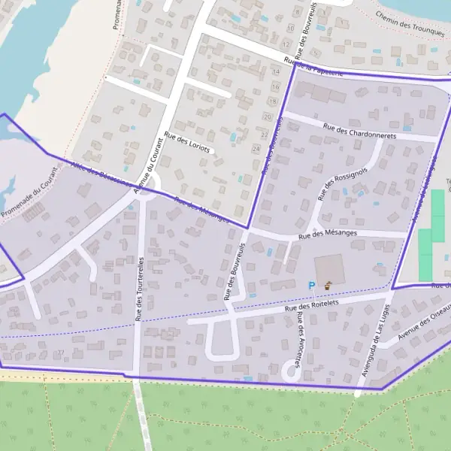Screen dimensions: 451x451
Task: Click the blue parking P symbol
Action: point(312,285)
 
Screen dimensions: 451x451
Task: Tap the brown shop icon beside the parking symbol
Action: point(328,285)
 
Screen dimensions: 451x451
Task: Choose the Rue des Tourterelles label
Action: point(139,289)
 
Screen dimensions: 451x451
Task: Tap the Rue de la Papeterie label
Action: point(313,67)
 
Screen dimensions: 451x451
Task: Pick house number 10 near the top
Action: point(290,28)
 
